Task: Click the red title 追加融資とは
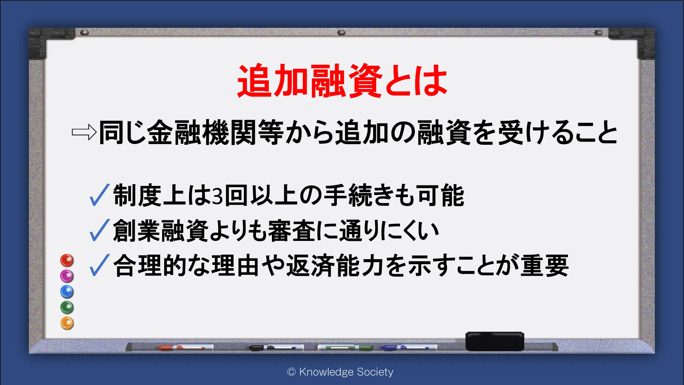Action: pyautogui.click(x=342, y=81)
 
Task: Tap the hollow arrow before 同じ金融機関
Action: pyautogui.click(x=84, y=132)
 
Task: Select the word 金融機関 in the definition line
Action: pyautogui.click(x=202, y=132)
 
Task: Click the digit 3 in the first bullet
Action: pyautogui.click(x=218, y=196)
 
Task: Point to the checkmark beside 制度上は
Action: pyautogui.click(x=99, y=195)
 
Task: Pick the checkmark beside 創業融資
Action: pyautogui.click(x=99, y=230)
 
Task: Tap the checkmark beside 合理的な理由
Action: pyautogui.click(x=99, y=265)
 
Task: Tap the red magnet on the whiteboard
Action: pyautogui.click(x=67, y=260)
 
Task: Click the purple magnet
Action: pyautogui.click(x=67, y=276)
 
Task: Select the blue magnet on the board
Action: pyautogui.click(x=67, y=292)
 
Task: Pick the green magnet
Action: pyautogui.click(x=67, y=307)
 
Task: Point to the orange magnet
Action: pyautogui.click(x=67, y=323)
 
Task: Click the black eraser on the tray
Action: pyautogui.click(x=495, y=341)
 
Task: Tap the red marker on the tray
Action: pyautogui.click(x=181, y=348)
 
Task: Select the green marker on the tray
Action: pyautogui.click(x=345, y=348)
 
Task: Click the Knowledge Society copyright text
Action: pyautogui.click(x=340, y=372)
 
